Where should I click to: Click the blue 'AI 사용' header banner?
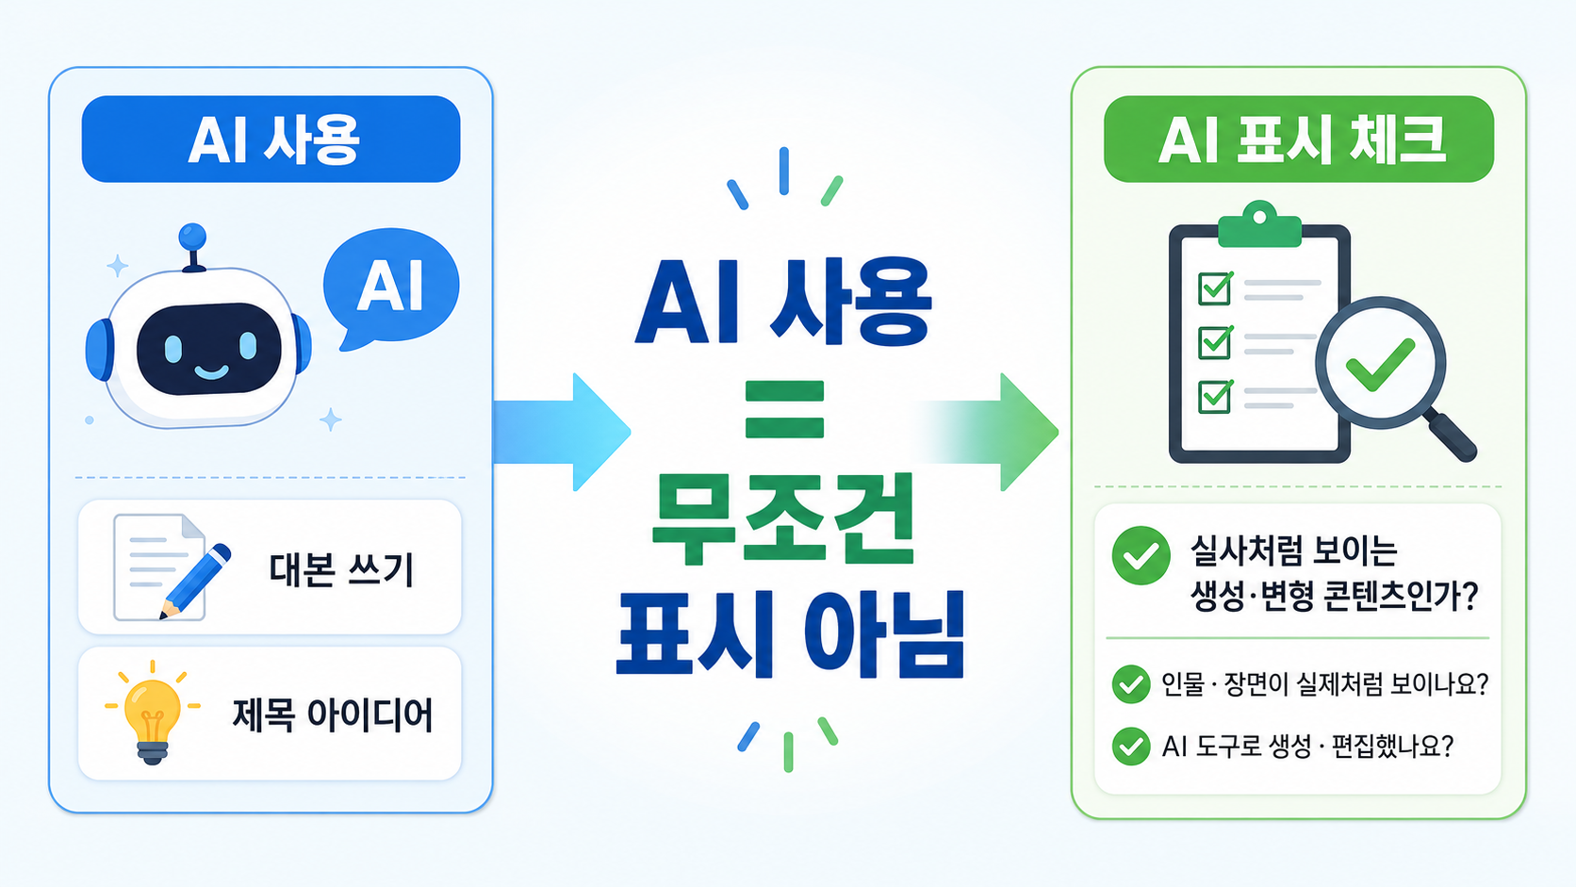pos(271,140)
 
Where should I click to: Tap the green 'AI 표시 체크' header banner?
pos(1299,140)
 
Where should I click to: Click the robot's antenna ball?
pos(192,237)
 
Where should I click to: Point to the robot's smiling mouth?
pos(211,370)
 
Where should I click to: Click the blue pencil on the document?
pos(195,581)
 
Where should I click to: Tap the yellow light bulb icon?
pos(152,714)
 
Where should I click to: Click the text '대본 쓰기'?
pos(341,569)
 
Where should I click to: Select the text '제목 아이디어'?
pos(332,714)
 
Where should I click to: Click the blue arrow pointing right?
pos(562,432)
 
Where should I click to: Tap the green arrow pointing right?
pos(988,432)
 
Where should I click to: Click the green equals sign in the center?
pos(784,409)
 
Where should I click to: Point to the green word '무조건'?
pos(783,518)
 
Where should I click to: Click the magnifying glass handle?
pos(1450,436)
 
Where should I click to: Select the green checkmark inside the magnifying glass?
pos(1380,365)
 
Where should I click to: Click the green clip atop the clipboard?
pos(1259,225)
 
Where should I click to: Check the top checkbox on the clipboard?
pos(1214,287)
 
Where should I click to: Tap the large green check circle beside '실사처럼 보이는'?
pos(1141,556)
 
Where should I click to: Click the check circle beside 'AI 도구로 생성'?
pos(1131,747)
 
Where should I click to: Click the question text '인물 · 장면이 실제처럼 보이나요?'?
pos(1324,683)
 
